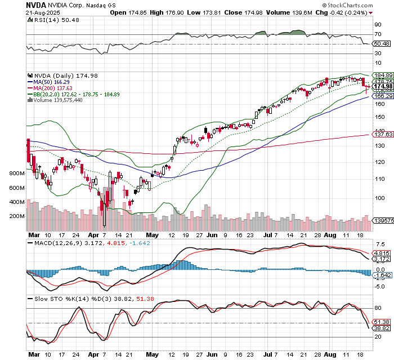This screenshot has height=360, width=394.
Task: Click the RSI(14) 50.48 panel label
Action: coord(53,20)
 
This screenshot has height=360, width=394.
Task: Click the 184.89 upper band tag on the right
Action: coord(383,75)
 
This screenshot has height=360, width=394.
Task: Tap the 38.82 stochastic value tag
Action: coord(383,328)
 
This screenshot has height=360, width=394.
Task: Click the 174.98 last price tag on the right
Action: coord(383,86)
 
